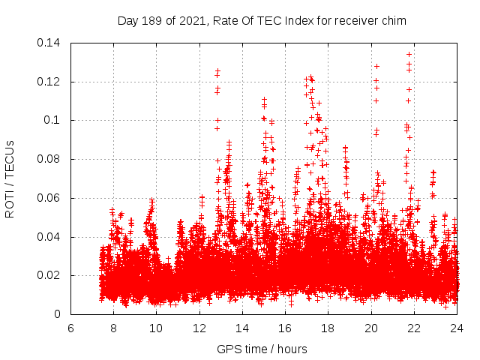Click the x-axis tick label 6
70,328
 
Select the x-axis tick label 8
113,328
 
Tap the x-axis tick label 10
156,328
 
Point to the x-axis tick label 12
199,328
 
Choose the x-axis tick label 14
242,328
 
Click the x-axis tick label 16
285,328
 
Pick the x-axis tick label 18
328,328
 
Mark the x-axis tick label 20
371,328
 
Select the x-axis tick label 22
414,328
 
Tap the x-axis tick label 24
457,328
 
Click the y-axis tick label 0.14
49,43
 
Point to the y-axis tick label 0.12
49,82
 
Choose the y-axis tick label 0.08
49,160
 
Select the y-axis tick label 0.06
49,199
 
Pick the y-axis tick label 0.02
49,276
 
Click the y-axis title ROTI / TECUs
10,178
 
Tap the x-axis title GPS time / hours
262,349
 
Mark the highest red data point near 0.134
409,54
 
